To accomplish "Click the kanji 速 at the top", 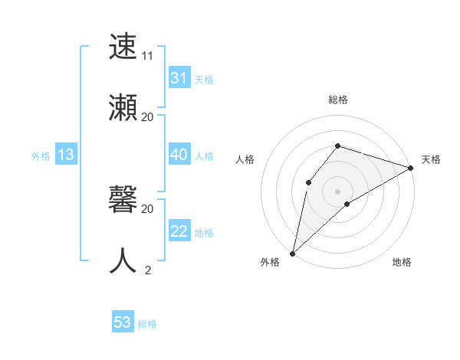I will (124, 47).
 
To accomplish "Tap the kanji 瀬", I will (124, 107).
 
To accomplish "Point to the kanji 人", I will (124, 260).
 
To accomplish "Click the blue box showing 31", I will (179, 78).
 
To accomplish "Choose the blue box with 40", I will (179, 155).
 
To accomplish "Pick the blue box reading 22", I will (179, 231).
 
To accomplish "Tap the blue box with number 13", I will (66, 155).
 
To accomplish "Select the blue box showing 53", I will (123, 322).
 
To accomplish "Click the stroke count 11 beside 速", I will (147, 56).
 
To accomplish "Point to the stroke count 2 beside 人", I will (147, 270).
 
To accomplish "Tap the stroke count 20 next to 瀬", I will (147, 116).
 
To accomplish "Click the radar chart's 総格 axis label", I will (338, 100).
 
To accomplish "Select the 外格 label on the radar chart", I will (270, 263).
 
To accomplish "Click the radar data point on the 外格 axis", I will (292, 253).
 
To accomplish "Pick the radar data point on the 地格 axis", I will (347, 204).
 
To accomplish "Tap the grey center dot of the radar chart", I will (338, 191).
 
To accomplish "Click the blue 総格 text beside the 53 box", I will (147, 324).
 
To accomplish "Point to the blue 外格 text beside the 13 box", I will (41, 156).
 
